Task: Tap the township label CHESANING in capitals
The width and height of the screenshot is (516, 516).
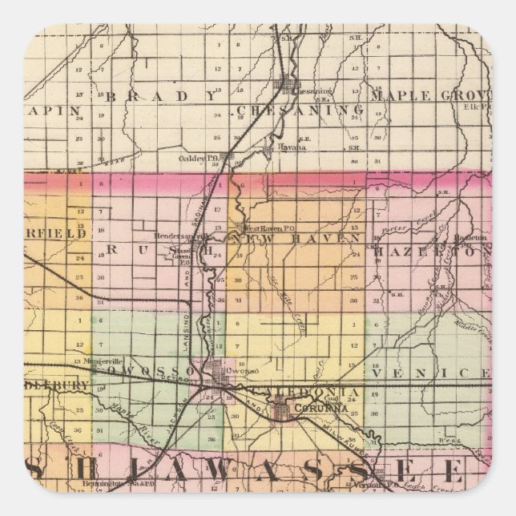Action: (x=300, y=110)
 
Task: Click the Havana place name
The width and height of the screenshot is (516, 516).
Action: (x=287, y=147)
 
